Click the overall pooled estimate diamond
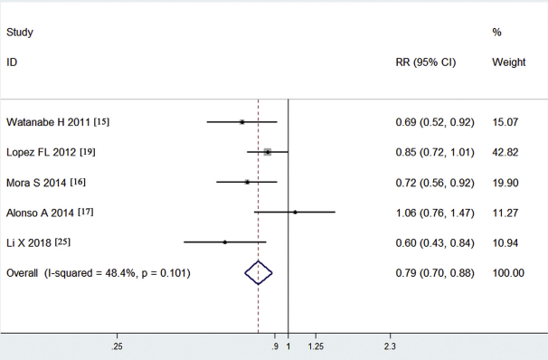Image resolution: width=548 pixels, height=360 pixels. tap(259, 273)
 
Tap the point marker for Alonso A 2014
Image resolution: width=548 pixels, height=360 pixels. tap(296, 213)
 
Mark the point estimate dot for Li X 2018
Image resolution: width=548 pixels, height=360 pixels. tap(225, 242)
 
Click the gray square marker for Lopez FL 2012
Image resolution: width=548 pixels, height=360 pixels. tap(268, 152)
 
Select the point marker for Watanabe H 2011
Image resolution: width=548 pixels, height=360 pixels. tap(241, 122)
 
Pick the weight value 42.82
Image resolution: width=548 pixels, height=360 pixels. tap(505, 152)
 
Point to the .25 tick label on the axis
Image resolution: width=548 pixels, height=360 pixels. tap(117, 346)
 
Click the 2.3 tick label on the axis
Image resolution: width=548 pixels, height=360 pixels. tap(390, 346)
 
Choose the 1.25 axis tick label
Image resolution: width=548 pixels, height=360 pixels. tap(316, 346)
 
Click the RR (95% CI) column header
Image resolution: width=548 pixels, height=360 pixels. tap(426, 62)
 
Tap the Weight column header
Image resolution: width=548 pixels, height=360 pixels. tap(509, 62)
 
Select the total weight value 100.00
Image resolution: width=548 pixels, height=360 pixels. tap(508, 273)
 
